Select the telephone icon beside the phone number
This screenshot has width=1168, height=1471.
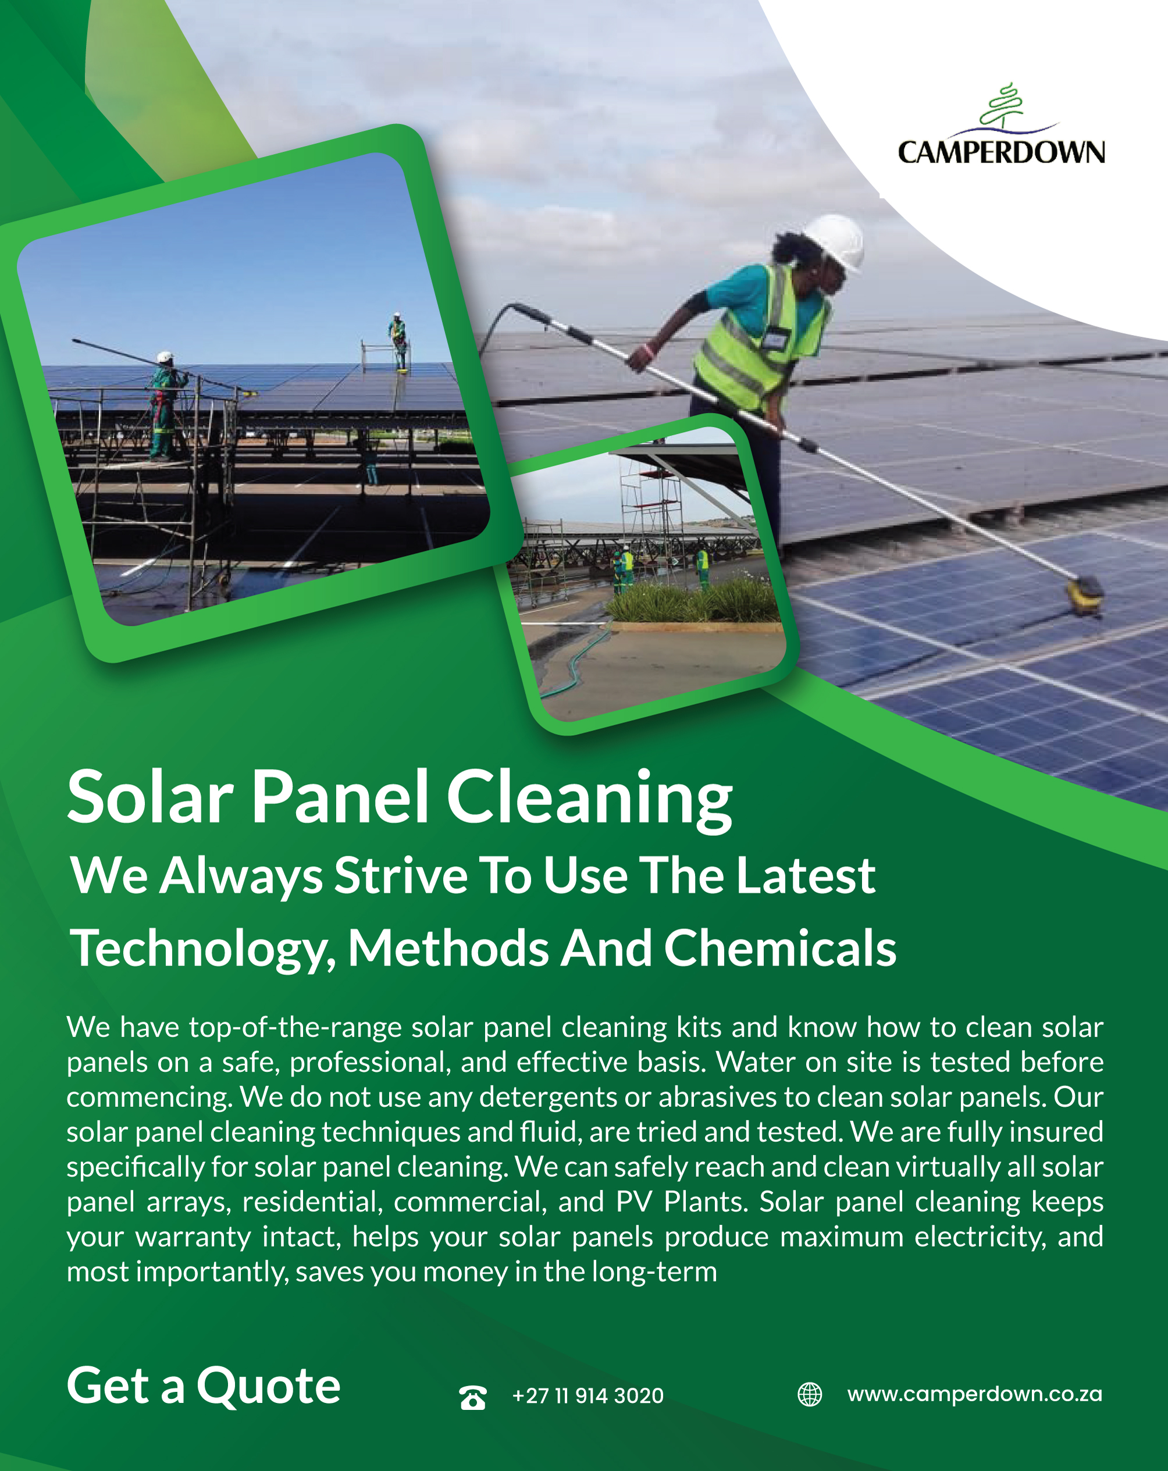(x=473, y=1397)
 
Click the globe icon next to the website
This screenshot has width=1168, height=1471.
(x=810, y=1394)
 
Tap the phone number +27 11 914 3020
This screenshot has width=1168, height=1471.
(x=587, y=1395)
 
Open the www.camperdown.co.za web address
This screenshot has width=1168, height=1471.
(x=974, y=1394)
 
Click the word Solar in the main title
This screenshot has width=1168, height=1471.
(x=151, y=796)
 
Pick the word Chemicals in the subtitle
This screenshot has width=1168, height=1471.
(x=780, y=948)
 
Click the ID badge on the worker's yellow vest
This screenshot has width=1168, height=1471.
(x=774, y=339)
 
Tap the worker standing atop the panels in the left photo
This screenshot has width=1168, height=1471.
(x=398, y=341)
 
